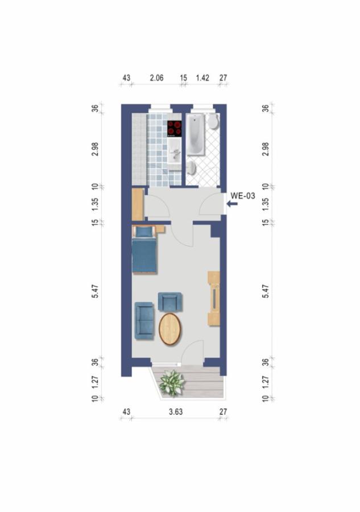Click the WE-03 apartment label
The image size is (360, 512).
(243, 196)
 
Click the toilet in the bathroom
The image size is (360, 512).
(213, 121)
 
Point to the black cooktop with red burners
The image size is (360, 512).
(175, 128)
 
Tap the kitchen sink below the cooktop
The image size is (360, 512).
(175, 152)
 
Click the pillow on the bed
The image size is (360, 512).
(144, 232)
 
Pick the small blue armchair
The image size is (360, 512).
(169, 302)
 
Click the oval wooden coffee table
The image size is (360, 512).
(170, 329)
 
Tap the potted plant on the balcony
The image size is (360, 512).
(171, 382)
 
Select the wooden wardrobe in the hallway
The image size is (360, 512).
(137, 204)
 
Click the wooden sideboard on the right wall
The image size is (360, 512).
(214, 299)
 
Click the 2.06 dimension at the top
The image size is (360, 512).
(156, 77)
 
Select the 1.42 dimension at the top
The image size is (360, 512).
(203, 77)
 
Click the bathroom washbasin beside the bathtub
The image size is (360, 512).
(192, 167)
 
